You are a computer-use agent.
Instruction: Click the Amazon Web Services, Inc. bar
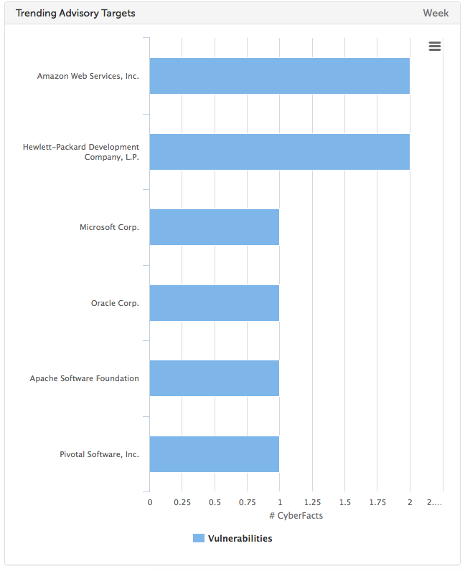tap(279, 76)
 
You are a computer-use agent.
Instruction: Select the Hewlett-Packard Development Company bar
tap(279, 152)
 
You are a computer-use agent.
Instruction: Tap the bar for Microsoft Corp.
tap(214, 227)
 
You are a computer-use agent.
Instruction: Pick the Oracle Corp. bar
tap(214, 303)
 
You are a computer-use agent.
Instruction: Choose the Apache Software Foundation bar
tap(214, 378)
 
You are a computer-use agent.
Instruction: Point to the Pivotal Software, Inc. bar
tap(214, 454)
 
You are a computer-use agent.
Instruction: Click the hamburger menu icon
tap(435, 47)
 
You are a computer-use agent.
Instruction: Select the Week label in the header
tap(436, 13)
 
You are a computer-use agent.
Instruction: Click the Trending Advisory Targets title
tap(75, 13)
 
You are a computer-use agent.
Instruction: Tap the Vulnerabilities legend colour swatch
tap(199, 538)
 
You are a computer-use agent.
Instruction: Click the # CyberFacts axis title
tap(296, 516)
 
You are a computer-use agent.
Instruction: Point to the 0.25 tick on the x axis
tap(182, 502)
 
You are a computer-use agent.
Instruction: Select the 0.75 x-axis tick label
tap(247, 502)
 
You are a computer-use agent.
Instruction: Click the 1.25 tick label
tap(312, 502)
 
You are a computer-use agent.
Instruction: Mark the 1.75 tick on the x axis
tap(377, 502)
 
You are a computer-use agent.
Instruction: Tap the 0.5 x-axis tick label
tap(215, 502)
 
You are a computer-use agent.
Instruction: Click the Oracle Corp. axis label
tap(115, 303)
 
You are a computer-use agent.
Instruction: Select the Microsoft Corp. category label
tap(109, 227)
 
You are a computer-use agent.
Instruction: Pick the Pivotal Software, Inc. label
tap(99, 454)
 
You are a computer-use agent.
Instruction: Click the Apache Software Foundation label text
tap(85, 378)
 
